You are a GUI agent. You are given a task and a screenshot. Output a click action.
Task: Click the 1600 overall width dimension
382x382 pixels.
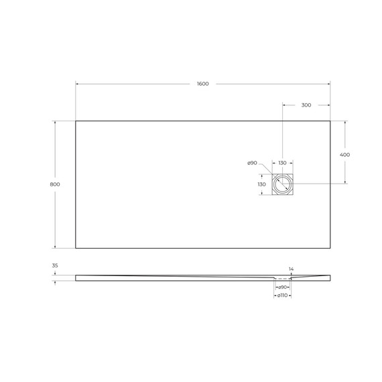[x=202, y=84]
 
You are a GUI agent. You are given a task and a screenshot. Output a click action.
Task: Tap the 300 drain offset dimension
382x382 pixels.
[x=306, y=105]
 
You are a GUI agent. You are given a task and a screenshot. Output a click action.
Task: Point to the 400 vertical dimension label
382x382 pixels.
[x=345, y=154]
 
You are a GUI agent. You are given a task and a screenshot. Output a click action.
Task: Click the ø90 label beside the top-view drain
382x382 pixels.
[x=252, y=163]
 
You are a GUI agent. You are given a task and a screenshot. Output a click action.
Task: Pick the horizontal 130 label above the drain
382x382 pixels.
[x=282, y=163]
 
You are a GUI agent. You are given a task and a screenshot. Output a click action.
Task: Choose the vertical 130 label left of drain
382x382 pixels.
[x=262, y=184]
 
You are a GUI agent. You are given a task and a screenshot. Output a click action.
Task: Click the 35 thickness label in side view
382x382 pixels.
[x=55, y=265]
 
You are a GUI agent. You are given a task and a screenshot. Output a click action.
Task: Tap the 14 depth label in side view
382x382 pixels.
[x=290, y=269]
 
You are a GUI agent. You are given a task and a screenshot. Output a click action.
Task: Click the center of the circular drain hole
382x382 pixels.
[x=282, y=184]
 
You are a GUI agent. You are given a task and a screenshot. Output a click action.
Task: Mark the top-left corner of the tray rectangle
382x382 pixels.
[x=76, y=121]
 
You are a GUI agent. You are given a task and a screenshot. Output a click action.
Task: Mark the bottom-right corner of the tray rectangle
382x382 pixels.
[x=330, y=248]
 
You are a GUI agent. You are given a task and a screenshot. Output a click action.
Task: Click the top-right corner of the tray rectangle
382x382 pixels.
[x=330, y=121]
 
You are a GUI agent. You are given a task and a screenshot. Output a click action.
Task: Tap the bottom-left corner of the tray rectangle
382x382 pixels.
[x=76, y=248]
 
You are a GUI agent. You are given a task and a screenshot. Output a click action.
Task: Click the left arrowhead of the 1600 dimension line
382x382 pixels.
[x=77, y=84]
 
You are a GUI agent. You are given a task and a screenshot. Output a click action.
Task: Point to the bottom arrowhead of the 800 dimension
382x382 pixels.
[x=55, y=247]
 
